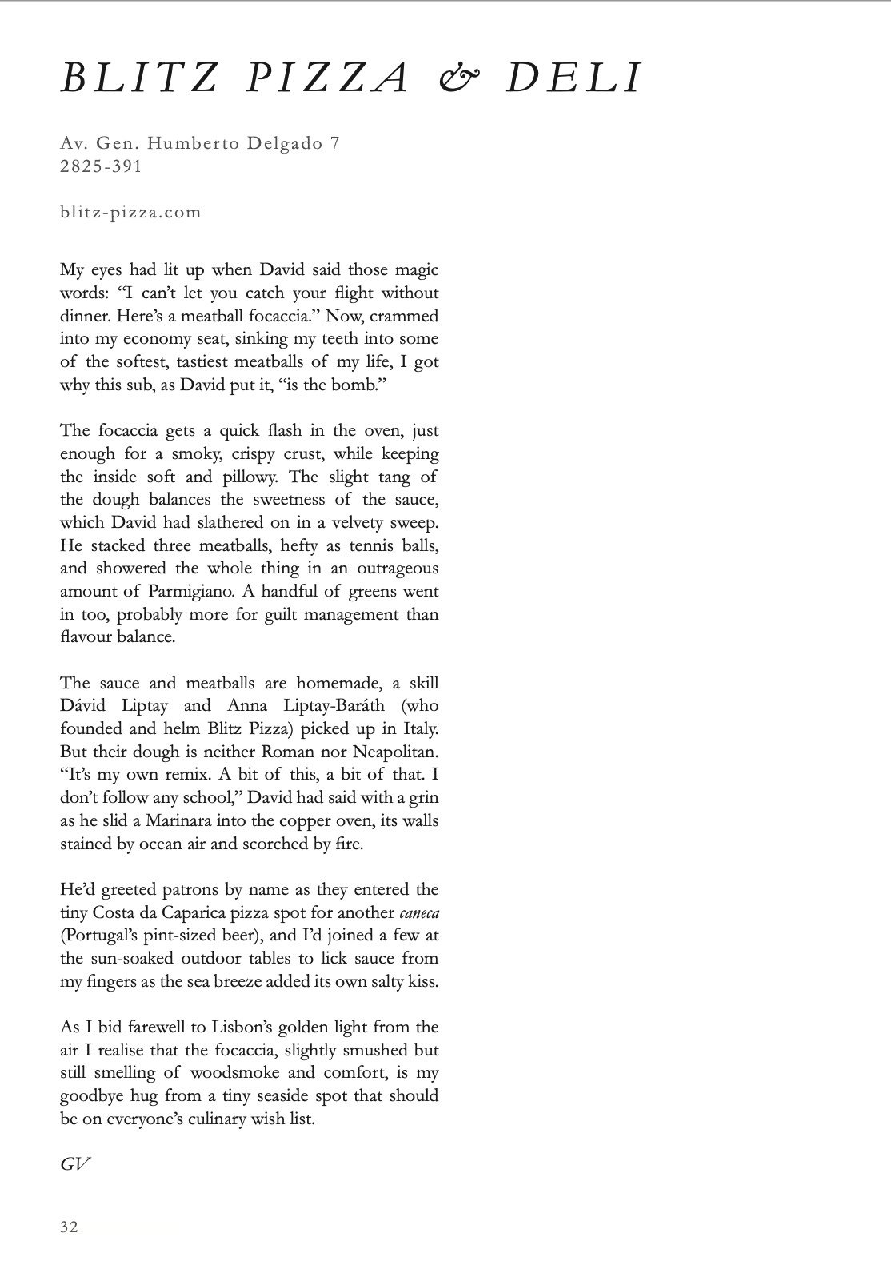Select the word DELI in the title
pos(573,78)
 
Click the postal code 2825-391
pos(101,166)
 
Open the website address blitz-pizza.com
pos(130,213)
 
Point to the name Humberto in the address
pos(186,144)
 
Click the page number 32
pos(70,1227)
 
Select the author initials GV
pos(74,1164)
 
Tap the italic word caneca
pos(419,912)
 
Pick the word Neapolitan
pos(391,752)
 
